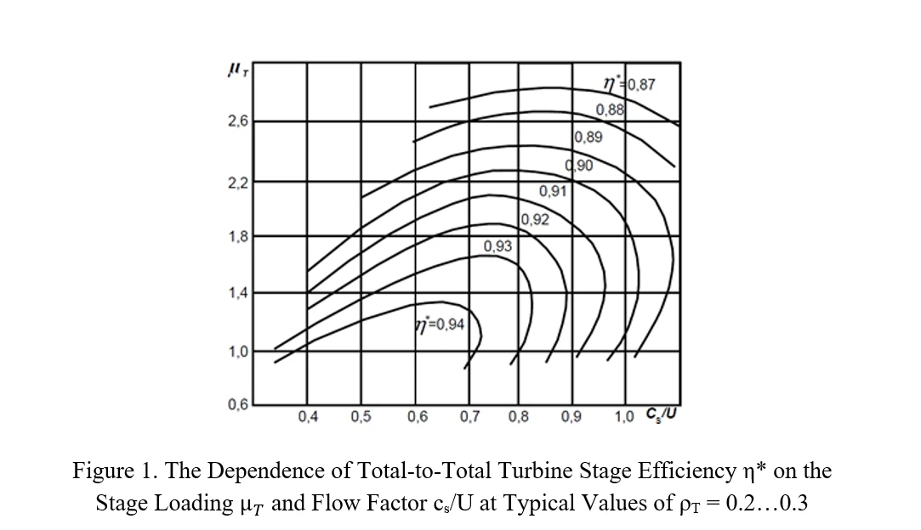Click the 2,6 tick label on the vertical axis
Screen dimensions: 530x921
click(237, 121)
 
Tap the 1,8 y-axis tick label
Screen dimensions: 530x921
click(237, 237)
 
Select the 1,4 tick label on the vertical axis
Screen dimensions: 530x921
click(237, 294)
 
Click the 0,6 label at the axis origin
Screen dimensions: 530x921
click(237, 404)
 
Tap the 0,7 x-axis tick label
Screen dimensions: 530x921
click(469, 417)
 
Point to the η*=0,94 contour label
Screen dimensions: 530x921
click(439, 324)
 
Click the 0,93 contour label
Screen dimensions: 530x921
click(497, 246)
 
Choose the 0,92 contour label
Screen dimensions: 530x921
click(535, 220)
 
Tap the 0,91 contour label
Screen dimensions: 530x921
click(553, 191)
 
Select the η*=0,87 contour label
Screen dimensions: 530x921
click(628, 84)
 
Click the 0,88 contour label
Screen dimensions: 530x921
click(610, 110)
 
